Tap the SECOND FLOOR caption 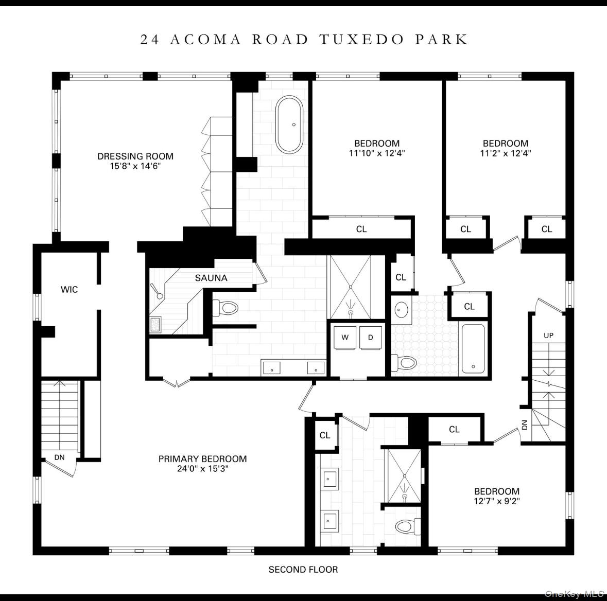click(x=303, y=570)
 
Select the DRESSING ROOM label click(x=135, y=156)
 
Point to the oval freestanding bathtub click(x=289, y=125)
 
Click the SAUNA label click(x=211, y=278)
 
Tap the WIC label click(x=70, y=290)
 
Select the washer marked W click(x=345, y=338)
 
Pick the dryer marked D click(x=370, y=338)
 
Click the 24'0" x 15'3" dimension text click(x=202, y=469)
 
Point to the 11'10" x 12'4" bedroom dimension click(x=376, y=153)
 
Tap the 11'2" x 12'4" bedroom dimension click(x=505, y=153)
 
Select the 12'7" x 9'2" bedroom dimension click(x=496, y=501)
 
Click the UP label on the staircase click(x=549, y=335)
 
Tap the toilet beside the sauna click(x=225, y=308)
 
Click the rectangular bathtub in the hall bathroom click(x=473, y=348)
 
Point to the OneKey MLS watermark click(x=574, y=594)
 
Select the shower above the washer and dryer click(x=350, y=287)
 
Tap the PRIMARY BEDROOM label click(x=202, y=459)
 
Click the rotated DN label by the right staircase click(x=525, y=425)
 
